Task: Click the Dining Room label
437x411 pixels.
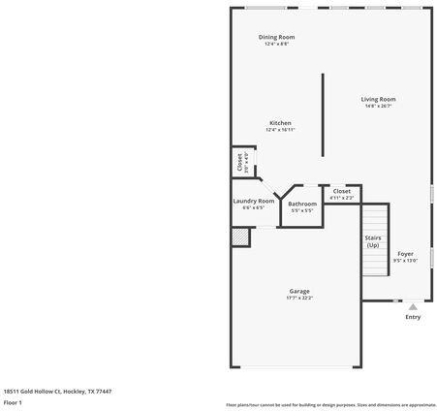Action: [276, 37]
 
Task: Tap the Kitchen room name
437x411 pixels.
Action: [280, 123]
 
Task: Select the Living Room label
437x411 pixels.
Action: [378, 99]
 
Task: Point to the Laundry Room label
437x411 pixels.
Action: [253, 201]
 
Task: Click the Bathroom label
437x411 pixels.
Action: [301, 204]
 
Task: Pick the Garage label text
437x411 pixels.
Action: [299, 291]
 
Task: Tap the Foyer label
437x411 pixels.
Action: [405, 254]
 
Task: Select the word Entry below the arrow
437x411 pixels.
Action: [413, 317]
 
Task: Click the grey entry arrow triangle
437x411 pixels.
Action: [413, 305]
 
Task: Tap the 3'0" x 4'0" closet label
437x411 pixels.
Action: [240, 162]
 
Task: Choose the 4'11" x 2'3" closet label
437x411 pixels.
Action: [341, 198]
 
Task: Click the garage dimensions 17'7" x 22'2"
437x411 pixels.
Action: [299, 299]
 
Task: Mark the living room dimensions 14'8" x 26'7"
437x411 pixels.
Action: [378, 107]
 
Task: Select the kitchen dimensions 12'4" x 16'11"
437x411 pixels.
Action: [280, 130]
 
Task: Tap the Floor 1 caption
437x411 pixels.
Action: [14, 401]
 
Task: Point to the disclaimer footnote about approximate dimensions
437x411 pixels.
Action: [330, 404]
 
